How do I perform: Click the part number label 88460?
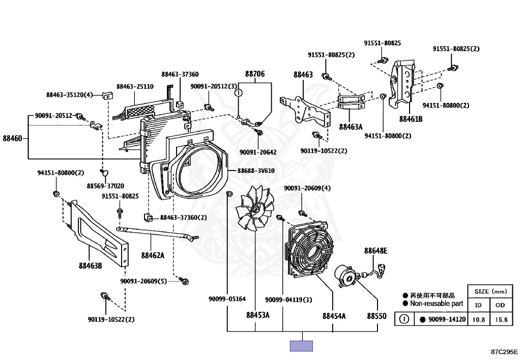(x=13, y=139)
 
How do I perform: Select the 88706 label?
(x=255, y=74)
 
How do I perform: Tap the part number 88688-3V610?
(x=256, y=171)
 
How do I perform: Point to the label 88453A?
(x=257, y=315)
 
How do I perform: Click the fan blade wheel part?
(x=255, y=209)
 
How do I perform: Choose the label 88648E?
(x=375, y=251)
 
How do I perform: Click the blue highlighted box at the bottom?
(x=301, y=346)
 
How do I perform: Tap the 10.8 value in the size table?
(x=478, y=320)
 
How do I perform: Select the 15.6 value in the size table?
(x=501, y=320)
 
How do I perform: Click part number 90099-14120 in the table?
(x=447, y=319)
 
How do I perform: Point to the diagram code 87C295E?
(x=504, y=352)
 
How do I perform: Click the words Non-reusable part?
(x=436, y=303)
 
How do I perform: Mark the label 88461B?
(x=411, y=119)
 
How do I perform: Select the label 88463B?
(x=90, y=266)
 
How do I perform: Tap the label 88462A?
(x=153, y=255)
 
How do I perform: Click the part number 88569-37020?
(x=105, y=186)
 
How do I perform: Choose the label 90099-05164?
(x=227, y=299)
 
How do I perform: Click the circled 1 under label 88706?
(x=239, y=93)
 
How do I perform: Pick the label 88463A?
(x=351, y=127)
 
